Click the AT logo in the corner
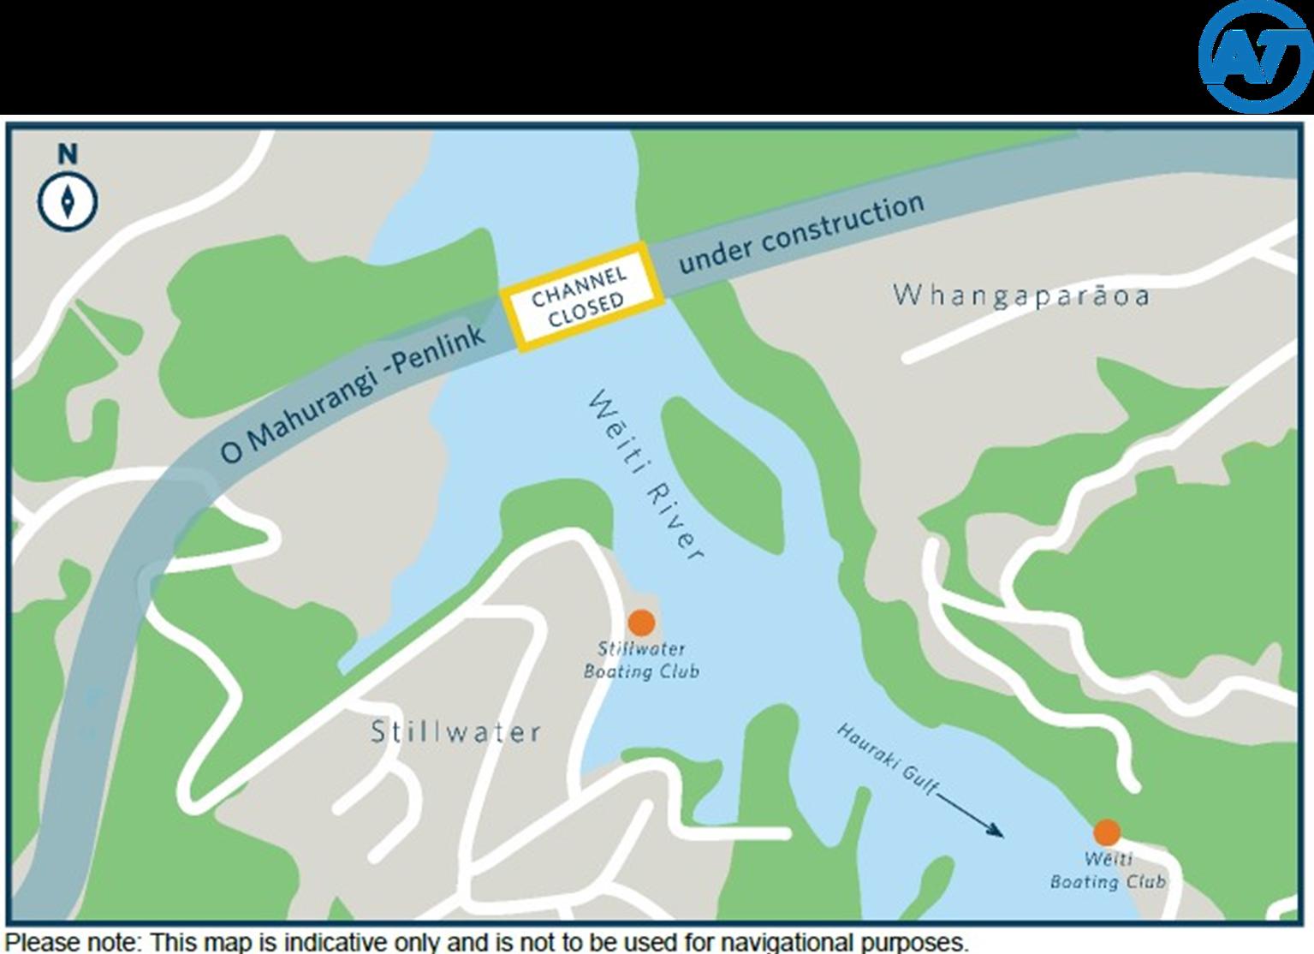pos(1255,56)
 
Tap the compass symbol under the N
pos(68,202)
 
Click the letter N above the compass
pos(68,155)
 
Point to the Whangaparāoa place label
pos(1020,295)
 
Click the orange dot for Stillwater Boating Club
pos(641,623)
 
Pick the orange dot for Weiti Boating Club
pos(1107,832)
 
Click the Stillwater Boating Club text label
pos(641,660)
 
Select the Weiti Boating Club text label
pos(1108,871)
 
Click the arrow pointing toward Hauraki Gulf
pos(971,814)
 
